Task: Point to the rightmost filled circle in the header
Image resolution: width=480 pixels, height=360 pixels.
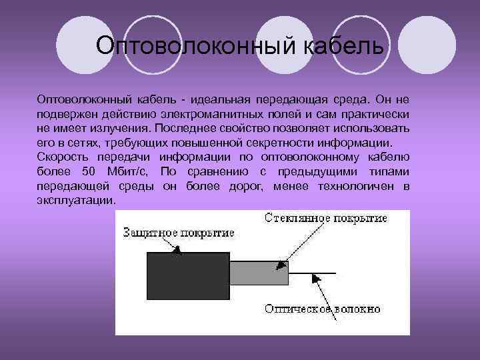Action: [431, 45]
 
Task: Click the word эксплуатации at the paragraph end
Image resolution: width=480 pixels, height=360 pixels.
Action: [76, 200]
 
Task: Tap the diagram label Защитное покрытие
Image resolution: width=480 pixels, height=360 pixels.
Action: [179, 232]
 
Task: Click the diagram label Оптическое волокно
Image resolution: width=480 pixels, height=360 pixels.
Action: [323, 309]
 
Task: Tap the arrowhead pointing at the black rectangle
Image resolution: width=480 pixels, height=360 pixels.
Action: [177, 250]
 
